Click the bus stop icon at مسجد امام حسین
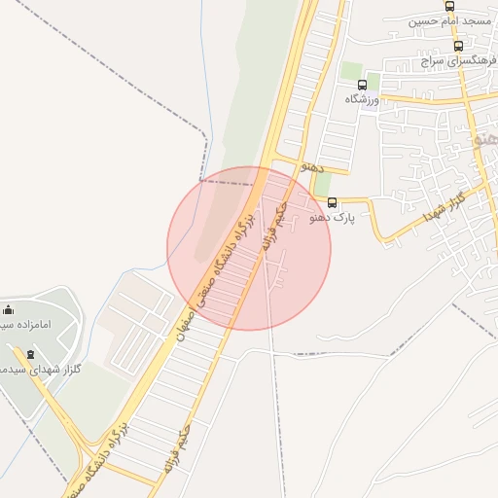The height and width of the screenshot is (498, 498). point(449,6)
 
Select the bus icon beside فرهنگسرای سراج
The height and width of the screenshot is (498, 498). point(458,46)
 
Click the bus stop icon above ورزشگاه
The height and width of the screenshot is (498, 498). point(363,85)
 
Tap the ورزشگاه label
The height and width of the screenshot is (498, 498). point(367,99)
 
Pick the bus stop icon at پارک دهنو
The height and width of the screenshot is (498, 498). point(333,203)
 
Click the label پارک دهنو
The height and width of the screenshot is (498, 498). point(333,218)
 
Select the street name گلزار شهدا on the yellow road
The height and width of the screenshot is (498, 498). point(445,207)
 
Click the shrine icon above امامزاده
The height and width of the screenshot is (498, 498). point(9,309)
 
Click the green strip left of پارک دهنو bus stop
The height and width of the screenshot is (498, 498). point(322,184)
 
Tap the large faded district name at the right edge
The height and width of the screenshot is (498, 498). point(485,139)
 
